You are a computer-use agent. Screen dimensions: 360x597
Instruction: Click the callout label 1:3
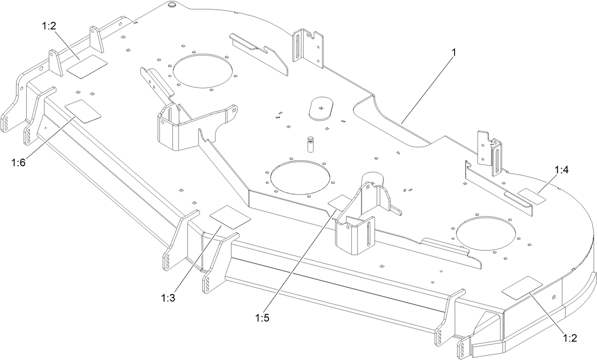coord(168,298)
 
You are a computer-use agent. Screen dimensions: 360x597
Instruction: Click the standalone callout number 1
coord(454,52)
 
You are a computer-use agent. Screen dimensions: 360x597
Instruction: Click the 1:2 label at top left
coord(49,26)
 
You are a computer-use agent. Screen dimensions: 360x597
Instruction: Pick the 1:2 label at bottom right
coord(569,338)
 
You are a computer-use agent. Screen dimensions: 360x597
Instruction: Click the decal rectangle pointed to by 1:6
coord(83,112)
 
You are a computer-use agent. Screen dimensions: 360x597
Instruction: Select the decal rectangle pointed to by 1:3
coord(230,217)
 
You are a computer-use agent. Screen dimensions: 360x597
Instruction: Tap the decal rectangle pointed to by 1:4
coord(532,196)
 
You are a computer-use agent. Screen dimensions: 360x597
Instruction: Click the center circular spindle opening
coord(298,177)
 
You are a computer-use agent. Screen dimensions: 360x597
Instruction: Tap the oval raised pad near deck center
coord(321,108)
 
